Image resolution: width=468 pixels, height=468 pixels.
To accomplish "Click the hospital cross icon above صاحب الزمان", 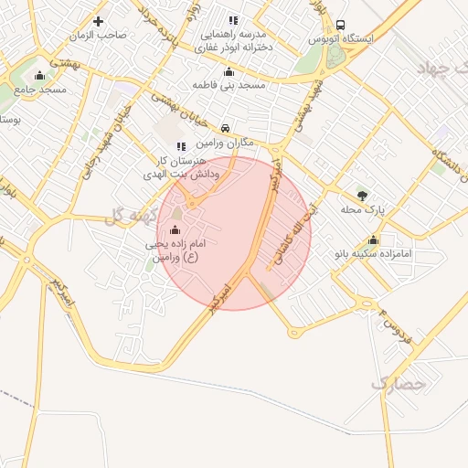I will [99, 21].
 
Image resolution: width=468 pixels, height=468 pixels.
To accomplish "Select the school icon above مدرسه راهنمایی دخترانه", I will [233, 20].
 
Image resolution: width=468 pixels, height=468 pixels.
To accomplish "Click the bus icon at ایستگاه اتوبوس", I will [341, 25].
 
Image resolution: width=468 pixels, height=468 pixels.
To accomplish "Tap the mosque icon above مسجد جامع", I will [39, 75].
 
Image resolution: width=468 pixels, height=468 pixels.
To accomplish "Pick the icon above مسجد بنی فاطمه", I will [229, 72].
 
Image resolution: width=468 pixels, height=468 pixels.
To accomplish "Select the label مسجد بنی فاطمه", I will [229, 85].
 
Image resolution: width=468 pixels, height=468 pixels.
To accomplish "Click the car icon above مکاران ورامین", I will [225, 128].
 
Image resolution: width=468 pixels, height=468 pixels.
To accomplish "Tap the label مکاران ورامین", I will [225, 143].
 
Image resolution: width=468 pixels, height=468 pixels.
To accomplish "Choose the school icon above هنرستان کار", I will [181, 145].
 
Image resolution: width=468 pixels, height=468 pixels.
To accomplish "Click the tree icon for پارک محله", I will [363, 196].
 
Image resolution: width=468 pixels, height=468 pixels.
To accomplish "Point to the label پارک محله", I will [364, 209].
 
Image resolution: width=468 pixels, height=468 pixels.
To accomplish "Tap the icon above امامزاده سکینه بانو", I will [373, 239].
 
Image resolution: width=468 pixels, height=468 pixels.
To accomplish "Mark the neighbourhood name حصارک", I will [399, 385].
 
